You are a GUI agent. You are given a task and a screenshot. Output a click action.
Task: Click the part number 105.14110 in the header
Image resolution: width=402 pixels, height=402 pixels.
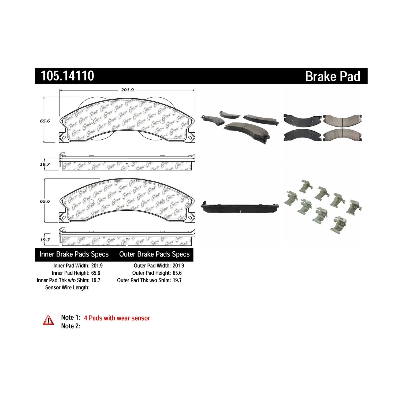(x=67, y=76)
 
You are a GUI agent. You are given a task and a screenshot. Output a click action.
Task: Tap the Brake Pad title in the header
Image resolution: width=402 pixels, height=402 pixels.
(x=333, y=76)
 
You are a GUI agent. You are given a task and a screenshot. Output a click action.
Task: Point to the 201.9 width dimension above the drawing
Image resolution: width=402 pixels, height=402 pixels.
(x=127, y=90)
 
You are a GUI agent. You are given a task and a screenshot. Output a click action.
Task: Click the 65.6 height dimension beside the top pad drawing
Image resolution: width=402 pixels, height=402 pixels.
(x=45, y=121)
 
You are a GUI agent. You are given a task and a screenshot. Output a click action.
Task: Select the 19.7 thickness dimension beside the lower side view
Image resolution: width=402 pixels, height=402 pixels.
(x=45, y=240)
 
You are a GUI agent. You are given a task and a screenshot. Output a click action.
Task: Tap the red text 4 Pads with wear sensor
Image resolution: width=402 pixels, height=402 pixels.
(x=117, y=318)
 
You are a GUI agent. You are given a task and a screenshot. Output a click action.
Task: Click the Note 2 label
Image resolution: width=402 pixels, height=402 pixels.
(x=71, y=326)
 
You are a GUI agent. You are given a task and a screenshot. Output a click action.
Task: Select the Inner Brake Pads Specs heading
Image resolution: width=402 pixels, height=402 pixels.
(x=74, y=254)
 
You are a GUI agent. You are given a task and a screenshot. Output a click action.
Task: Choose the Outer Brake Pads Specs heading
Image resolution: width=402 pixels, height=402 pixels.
(x=154, y=254)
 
